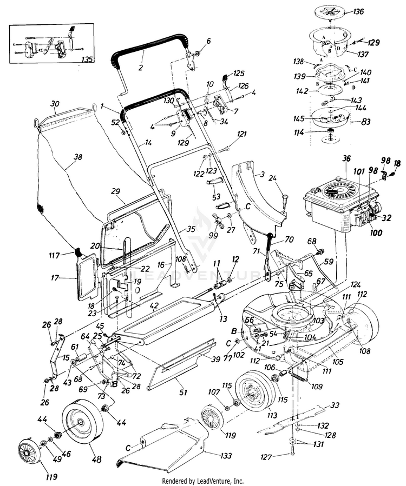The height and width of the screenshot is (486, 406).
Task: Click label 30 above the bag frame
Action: pyautogui.click(x=54, y=104)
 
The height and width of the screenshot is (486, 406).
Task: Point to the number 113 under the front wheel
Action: pyautogui.click(x=272, y=415)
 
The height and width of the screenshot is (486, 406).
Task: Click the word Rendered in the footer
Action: pyautogui.click(x=176, y=481)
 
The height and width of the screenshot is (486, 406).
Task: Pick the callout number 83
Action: pyautogui.click(x=366, y=122)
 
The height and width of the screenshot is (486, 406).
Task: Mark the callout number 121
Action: pyautogui.click(x=241, y=134)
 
